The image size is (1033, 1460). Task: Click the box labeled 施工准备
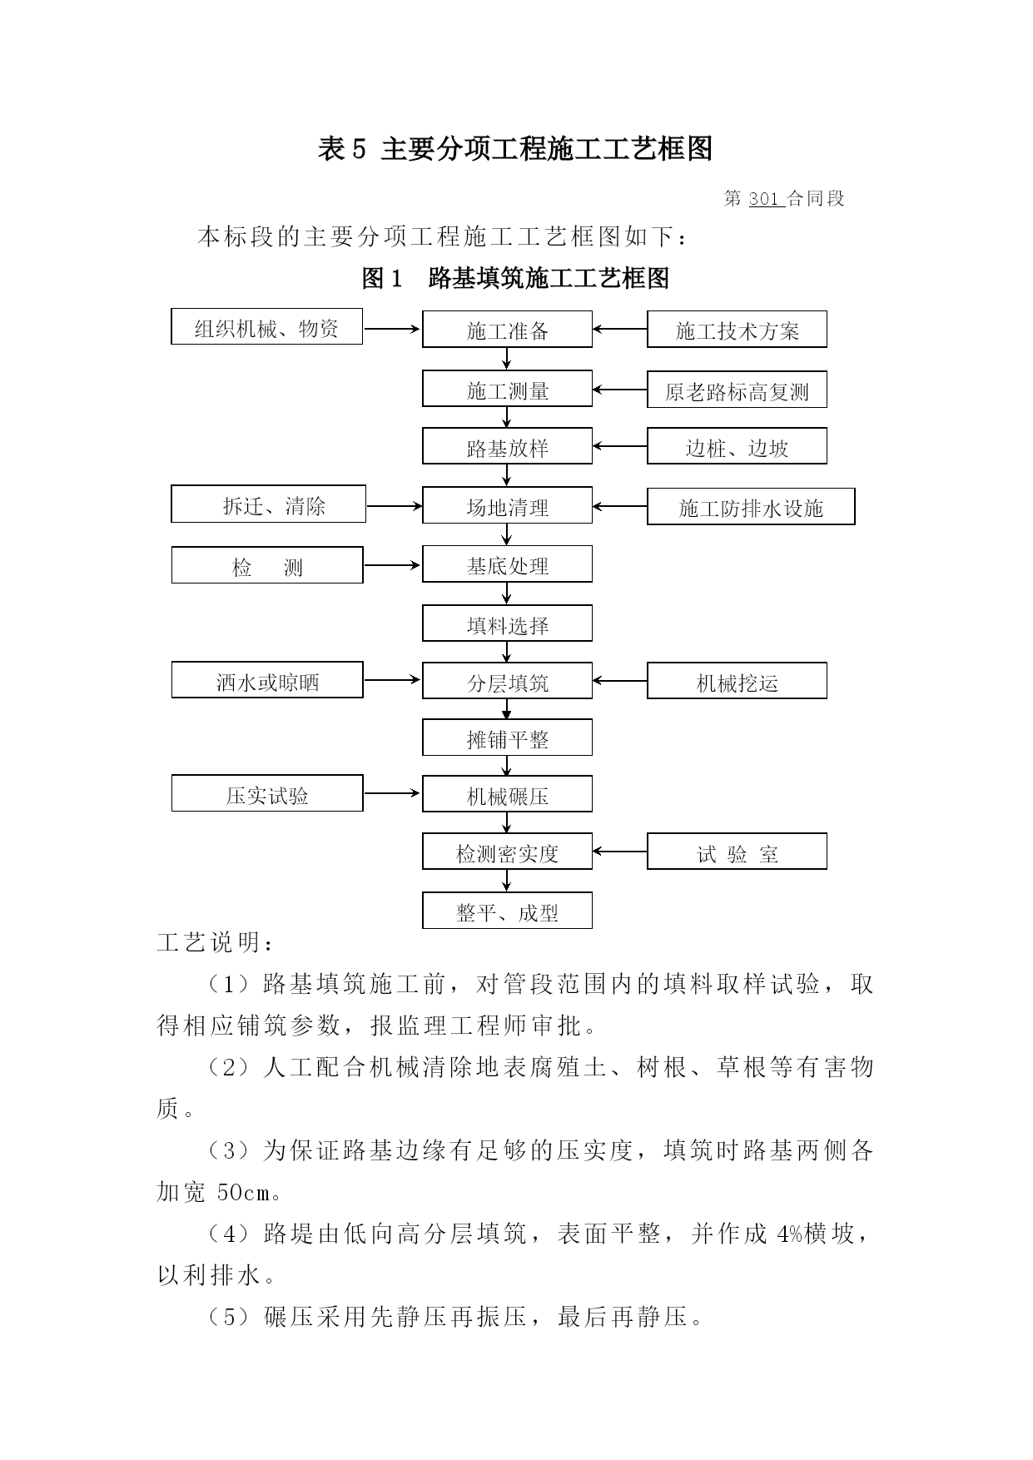tap(507, 330)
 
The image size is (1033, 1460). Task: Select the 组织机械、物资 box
tap(266, 326)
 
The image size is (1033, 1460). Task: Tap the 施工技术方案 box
tap(737, 330)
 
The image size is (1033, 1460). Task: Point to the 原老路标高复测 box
tap(737, 390)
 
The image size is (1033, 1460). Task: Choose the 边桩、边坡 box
tap(737, 447)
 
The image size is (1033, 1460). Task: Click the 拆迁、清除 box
tap(268, 504)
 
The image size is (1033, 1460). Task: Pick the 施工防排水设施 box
tap(751, 507)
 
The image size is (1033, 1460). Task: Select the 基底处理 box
tap(507, 564)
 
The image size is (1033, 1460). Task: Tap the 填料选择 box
tap(507, 623)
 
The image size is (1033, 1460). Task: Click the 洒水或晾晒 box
tap(267, 680)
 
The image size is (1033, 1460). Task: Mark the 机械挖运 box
tap(737, 681)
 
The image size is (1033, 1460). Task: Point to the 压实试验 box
tap(267, 793)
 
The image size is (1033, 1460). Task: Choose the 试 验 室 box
tap(737, 852)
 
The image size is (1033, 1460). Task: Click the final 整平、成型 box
tap(507, 911)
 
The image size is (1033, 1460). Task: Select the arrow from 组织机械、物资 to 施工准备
tap(392, 329)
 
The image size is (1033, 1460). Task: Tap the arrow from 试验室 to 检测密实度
tap(620, 852)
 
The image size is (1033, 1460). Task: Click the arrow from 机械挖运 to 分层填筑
tap(620, 681)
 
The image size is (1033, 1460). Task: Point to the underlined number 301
tap(763, 199)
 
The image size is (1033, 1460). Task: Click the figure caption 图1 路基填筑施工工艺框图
tap(515, 278)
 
